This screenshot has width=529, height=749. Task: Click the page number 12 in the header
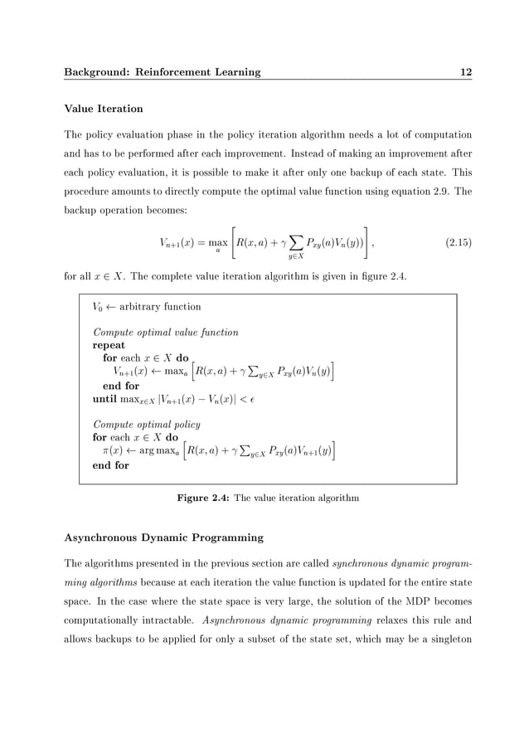tap(466, 72)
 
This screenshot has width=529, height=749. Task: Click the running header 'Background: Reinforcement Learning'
tap(163, 72)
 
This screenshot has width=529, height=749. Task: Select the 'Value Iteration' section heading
tap(104, 109)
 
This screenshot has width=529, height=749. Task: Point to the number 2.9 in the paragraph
tap(433, 190)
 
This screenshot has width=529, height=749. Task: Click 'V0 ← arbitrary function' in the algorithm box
tap(147, 306)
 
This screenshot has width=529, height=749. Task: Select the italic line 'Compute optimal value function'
tap(166, 332)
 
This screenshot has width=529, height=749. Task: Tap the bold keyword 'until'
tap(104, 399)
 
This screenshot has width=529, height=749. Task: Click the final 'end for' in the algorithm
tap(110, 465)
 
